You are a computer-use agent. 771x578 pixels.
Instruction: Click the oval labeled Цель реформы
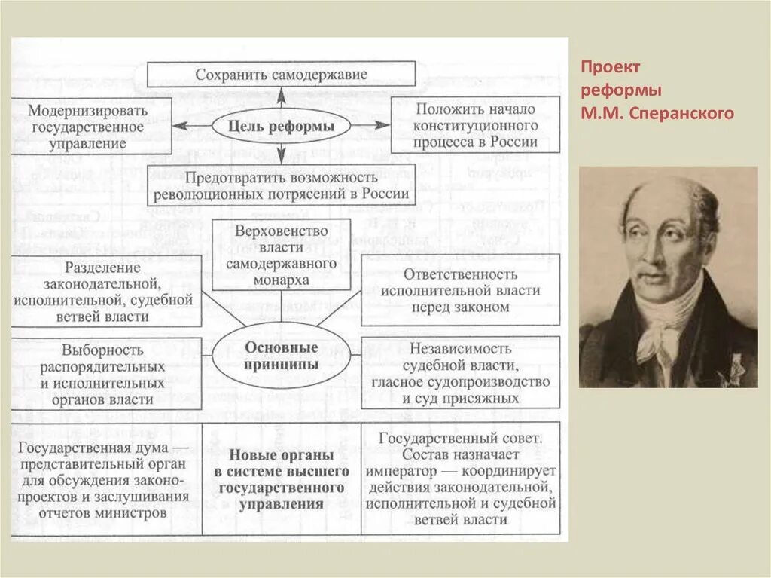tap(281, 127)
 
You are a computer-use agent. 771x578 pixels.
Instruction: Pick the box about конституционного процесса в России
tap(474, 125)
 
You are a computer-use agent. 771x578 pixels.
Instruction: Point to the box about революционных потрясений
tap(281, 185)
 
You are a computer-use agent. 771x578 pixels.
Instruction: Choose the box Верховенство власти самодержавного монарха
tap(281, 254)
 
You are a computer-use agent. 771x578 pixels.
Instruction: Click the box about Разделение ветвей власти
tap(106, 292)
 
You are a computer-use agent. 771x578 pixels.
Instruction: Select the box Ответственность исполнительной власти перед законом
tap(460, 290)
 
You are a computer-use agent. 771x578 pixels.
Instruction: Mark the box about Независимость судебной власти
tap(460, 373)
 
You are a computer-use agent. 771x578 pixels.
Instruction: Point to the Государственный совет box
tap(460, 479)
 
